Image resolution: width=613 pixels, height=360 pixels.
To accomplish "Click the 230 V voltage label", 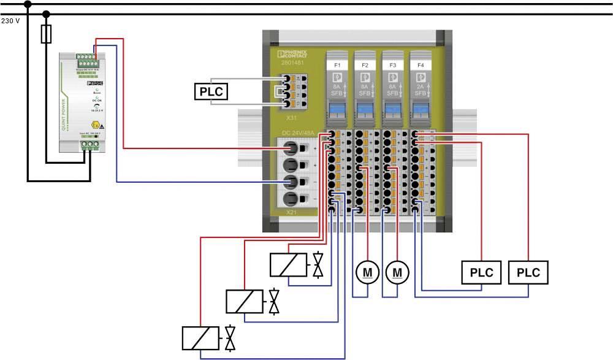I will pos(11,21).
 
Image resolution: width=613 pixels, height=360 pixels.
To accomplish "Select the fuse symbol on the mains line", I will pos(46,34).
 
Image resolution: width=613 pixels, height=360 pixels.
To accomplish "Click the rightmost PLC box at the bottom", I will pos(528,272).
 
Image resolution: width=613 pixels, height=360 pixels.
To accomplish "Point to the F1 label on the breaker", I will pos(337,64).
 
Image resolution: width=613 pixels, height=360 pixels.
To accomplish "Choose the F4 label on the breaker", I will pos(420,64).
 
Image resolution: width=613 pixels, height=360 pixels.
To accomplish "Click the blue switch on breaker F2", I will pos(365,110).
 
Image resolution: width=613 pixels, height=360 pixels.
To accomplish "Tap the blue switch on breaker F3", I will pos(392,110).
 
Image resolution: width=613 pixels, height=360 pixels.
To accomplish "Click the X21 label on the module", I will pos(292,212).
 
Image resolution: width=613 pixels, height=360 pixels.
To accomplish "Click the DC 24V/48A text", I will pos(300,133).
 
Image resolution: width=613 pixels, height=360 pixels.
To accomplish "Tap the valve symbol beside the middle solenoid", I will pos(274,301).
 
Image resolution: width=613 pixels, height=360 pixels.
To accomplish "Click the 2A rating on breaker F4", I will pos(420,88).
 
